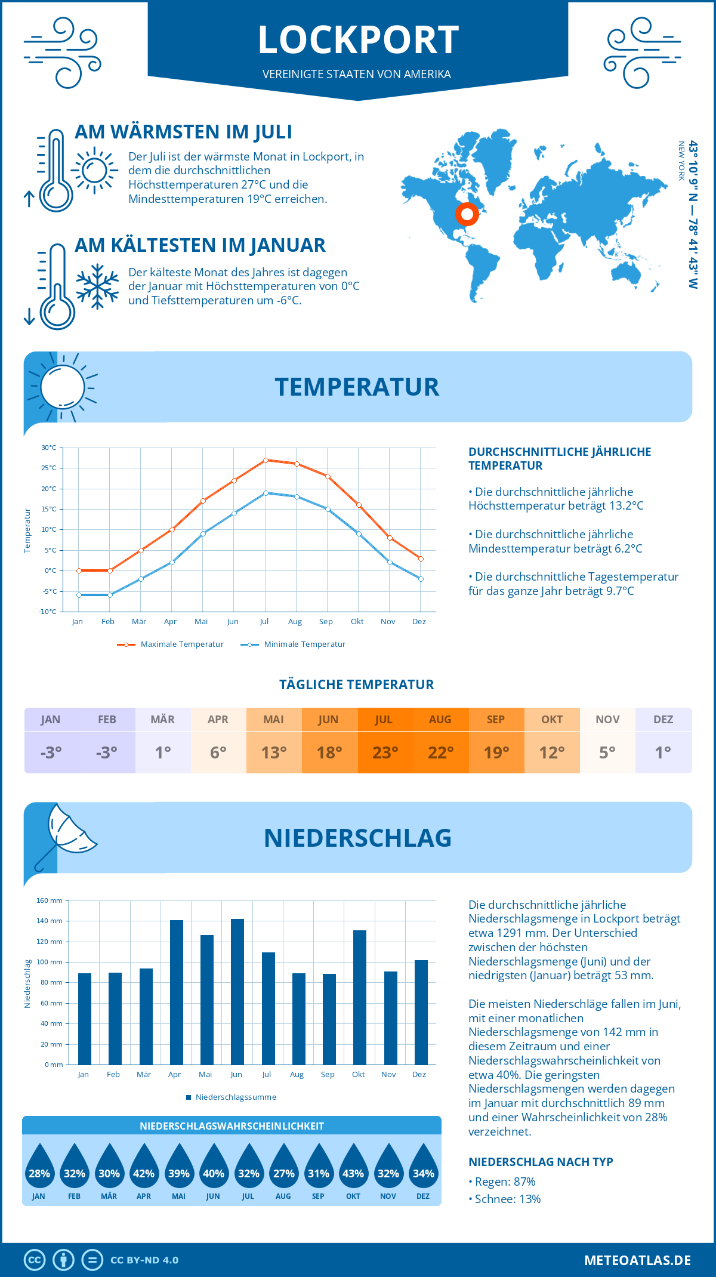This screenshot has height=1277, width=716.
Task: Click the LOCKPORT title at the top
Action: (x=358, y=40)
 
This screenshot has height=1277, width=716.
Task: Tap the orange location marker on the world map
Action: (x=467, y=214)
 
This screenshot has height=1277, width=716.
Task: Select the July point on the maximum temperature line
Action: (x=266, y=460)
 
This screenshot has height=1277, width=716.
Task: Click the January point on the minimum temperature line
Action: (x=79, y=595)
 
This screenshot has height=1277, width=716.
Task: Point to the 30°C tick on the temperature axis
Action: (x=49, y=448)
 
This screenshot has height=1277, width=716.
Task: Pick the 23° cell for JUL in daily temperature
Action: (x=385, y=752)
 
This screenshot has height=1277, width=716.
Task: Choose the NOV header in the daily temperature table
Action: (x=607, y=720)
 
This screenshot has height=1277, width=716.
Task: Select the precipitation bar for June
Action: (x=237, y=992)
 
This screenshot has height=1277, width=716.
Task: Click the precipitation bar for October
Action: (x=359, y=997)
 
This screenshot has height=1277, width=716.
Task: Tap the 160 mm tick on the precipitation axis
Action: (x=50, y=901)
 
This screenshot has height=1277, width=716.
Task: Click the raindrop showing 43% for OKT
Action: (x=353, y=1167)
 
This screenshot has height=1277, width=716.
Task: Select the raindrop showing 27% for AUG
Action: (x=283, y=1167)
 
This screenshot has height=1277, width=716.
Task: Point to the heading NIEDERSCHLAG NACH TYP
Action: (x=541, y=1162)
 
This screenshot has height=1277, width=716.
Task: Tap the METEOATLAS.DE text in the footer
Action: (x=637, y=1260)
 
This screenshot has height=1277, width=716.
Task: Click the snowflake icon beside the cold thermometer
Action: (x=97, y=286)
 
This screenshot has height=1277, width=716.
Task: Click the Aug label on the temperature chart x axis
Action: (x=295, y=622)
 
